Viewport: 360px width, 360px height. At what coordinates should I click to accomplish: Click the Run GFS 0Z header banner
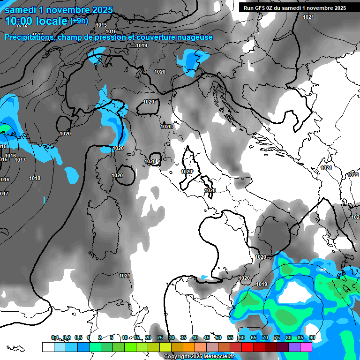pyautogui.click(x=295, y=7)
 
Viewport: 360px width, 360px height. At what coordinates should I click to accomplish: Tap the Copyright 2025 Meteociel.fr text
pyautogui.click(x=199, y=356)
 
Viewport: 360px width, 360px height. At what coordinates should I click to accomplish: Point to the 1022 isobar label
pyautogui.click(x=353, y=175)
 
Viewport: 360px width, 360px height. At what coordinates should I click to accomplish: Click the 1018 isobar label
pyautogui.click(x=35, y=178)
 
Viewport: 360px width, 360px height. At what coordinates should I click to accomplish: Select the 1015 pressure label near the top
pyautogui.click(x=101, y=25)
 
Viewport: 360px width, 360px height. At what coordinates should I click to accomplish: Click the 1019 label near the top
pyautogui.click(x=142, y=45)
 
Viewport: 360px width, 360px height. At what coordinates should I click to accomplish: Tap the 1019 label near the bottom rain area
pyautogui.click(x=262, y=284)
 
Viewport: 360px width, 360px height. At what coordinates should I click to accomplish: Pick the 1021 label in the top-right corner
pyautogui.click(x=308, y=17)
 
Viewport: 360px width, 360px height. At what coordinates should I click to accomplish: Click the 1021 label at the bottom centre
pyautogui.click(x=125, y=276)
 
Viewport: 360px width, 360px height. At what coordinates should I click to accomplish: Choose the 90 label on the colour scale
pyautogui.click(x=312, y=337)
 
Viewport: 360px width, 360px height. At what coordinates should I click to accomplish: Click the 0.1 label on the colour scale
pyautogui.click(x=55, y=337)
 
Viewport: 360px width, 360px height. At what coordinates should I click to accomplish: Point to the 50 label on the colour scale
pyautogui.click(x=218, y=337)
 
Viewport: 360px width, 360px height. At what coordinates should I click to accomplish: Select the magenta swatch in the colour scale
pyautogui.click(x=306, y=347)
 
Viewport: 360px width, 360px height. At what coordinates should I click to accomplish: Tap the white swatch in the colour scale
pyautogui.click(x=48, y=347)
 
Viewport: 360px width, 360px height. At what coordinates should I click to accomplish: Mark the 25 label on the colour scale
pyautogui.click(x=160, y=337)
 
